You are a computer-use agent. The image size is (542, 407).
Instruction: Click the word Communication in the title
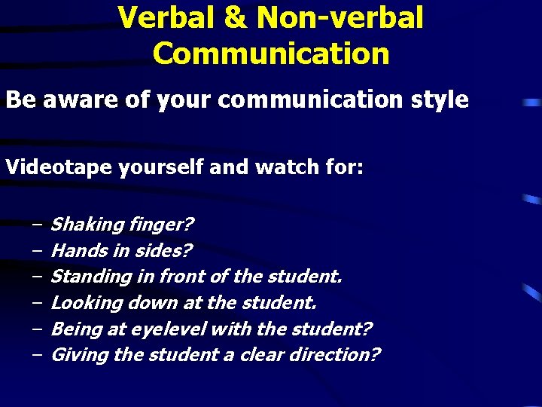[x=271, y=54]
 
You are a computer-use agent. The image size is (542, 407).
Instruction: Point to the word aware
[x=74, y=100]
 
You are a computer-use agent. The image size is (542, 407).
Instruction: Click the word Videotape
[x=59, y=167]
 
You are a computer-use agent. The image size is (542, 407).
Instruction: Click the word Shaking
[x=87, y=225]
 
